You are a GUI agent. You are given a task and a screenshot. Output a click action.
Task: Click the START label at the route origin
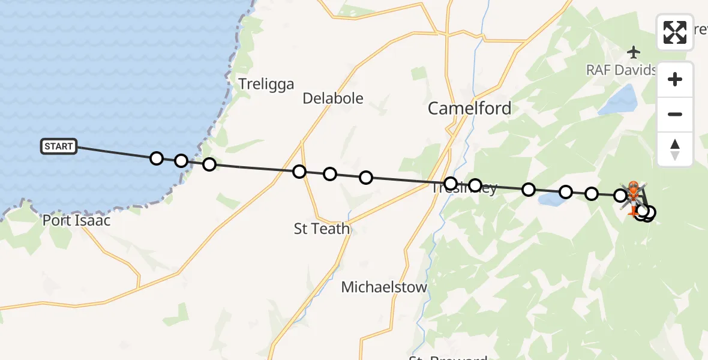pyautogui.click(x=59, y=146)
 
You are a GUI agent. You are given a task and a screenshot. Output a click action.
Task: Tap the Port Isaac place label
pyautogui.click(x=76, y=221)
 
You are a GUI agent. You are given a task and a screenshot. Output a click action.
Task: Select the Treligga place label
pyautogui.click(x=266, y=84)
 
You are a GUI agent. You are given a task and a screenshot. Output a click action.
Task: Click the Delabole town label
pyautogui.click(x=333, y=98)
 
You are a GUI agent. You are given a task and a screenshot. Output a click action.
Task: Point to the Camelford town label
pyautogui.click(x=469, y=109)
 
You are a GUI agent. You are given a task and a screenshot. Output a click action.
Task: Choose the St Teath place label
pyautogui.click(x=322, y=229)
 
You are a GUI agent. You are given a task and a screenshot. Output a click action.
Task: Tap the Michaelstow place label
pyautogui.click(x=384, y=287)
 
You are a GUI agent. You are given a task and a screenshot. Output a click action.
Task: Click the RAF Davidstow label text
pyautogui.click(x=622, y=70)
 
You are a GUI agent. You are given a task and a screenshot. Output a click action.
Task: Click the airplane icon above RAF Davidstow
pyautogui.click(x=634, y=52)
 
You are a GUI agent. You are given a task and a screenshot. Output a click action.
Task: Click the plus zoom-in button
pyautogui.click(x=675, y=79)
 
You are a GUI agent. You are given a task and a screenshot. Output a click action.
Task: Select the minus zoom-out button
pyautogui.click(x=675, y=114)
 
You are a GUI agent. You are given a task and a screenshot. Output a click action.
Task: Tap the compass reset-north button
pyautogui.click(x=675, y=149)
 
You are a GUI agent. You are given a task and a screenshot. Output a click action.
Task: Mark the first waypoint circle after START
pyautogui.click(x=157, y=158)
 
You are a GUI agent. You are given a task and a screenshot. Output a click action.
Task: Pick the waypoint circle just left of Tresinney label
pyautogui.click(x=451, y=184)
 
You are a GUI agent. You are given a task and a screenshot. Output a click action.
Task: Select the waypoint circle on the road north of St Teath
pyautogui.click(x=299, y=172)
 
